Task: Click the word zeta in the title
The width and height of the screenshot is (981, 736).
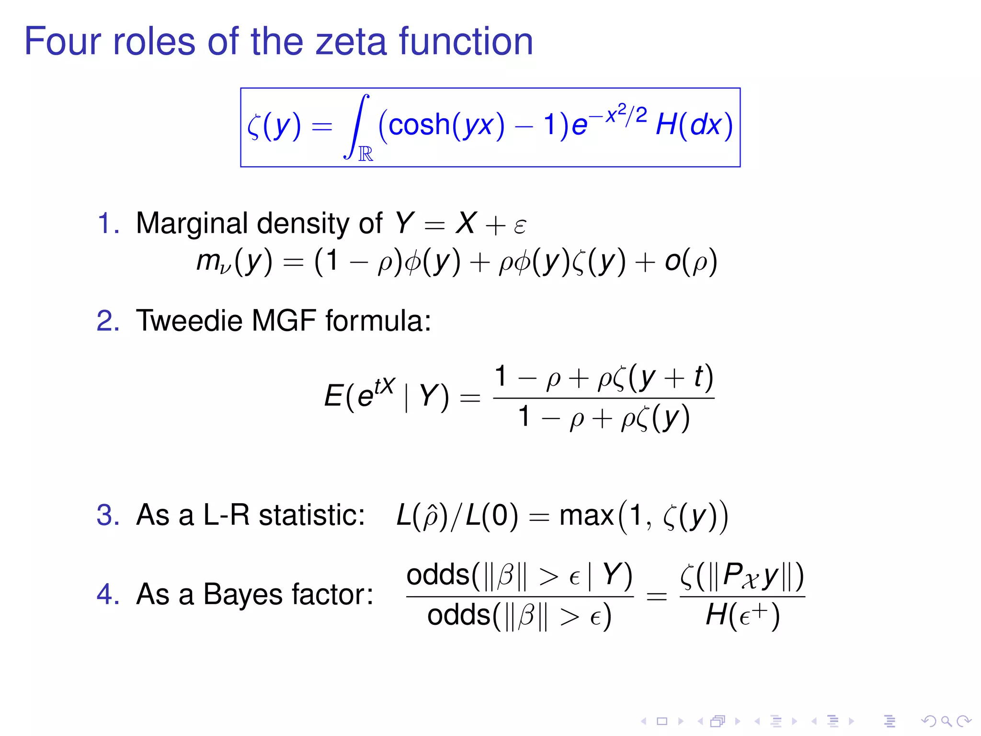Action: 351,42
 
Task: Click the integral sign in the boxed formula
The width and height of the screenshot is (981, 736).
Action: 357,126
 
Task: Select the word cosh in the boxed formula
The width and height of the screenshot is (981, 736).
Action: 419,126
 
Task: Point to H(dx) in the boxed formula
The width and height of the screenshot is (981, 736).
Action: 694,126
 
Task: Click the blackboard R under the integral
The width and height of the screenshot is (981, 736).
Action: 366,154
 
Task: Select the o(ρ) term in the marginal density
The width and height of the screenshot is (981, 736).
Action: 690,262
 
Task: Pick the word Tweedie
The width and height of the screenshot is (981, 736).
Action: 189,321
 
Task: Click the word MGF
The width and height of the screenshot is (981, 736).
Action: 284,321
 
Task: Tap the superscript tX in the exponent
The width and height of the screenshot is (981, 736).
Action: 385,385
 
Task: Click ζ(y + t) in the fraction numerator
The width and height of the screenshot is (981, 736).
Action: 663,377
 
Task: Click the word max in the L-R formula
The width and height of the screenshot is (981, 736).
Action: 586,516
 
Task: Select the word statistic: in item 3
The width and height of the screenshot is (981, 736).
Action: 312,516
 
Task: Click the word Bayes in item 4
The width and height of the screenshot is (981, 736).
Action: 243,595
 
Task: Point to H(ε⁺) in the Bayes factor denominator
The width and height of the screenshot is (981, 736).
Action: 742,615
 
